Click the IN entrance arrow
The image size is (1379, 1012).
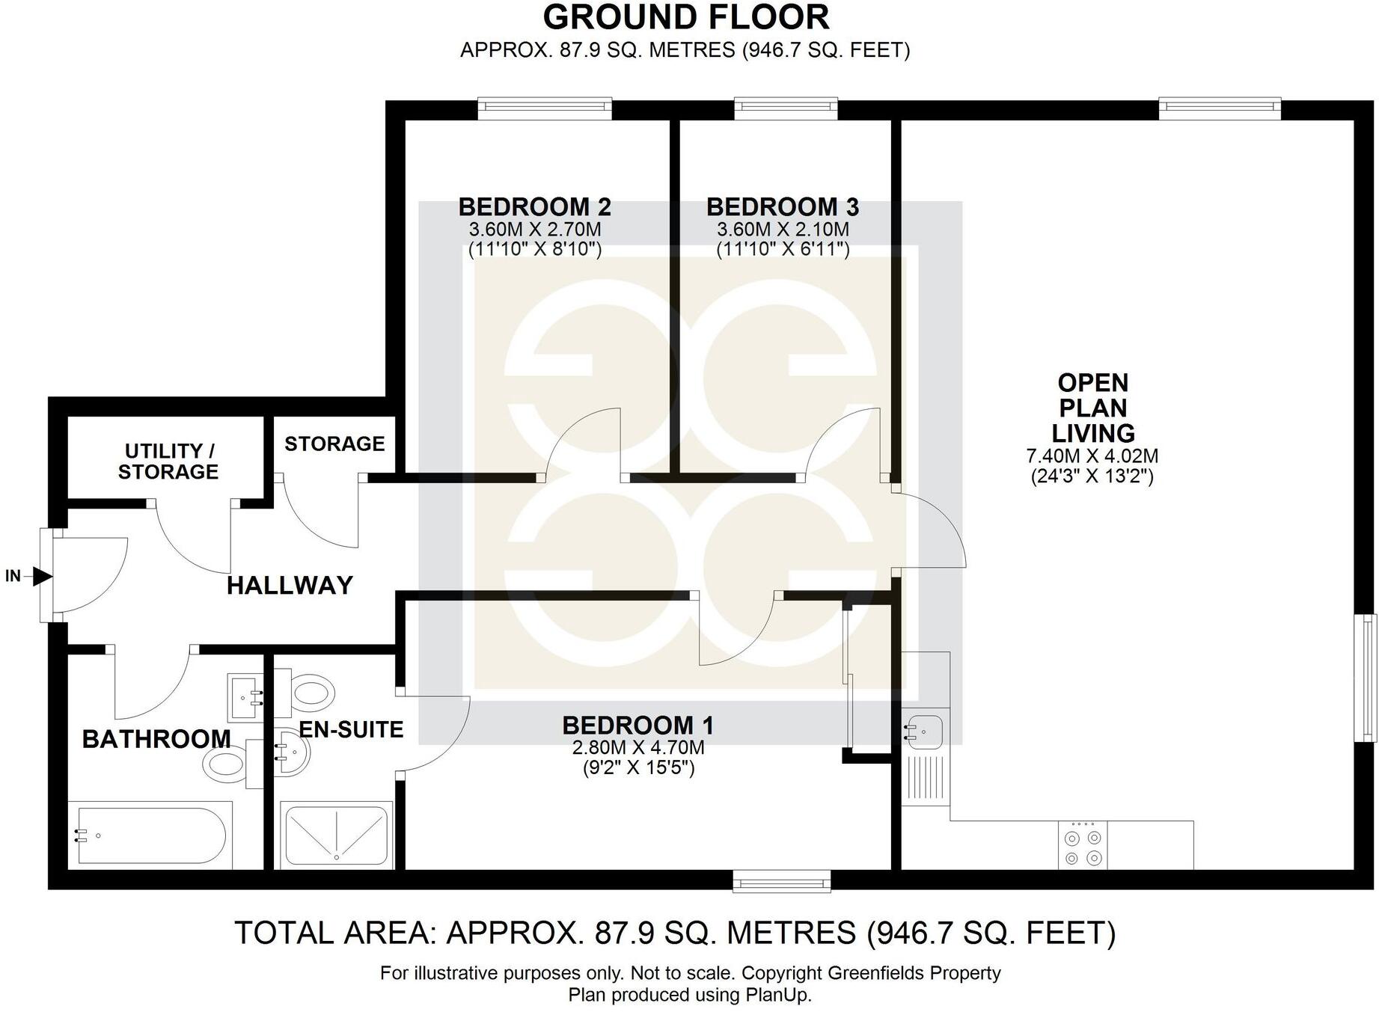[x=41, y=576]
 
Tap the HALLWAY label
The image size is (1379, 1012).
[x=290, y=585]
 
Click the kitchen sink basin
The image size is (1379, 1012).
[x=924, y=728]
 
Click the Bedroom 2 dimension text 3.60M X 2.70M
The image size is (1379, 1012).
[x=534, y=230]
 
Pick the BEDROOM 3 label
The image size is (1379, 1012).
[x=782, y=206]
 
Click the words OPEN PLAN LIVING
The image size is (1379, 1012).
[x=1092, y=408]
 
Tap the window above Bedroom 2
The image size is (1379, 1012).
[x=545, y=109]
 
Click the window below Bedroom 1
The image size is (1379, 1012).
[x=781, y=881]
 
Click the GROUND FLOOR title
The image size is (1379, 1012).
[x=685, y=17]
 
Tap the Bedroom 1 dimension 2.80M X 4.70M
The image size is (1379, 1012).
[x=637, y=747]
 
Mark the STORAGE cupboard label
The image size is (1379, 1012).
[x=334, y=444]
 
